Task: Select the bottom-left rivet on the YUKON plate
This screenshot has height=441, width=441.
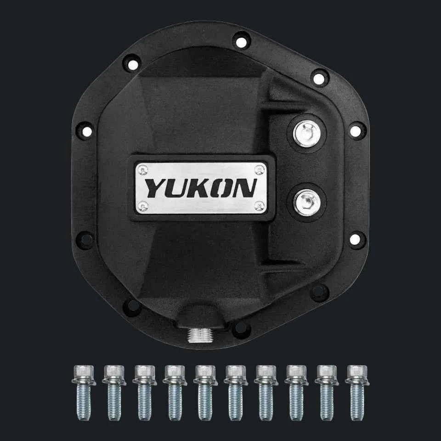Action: tap(143, 205)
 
